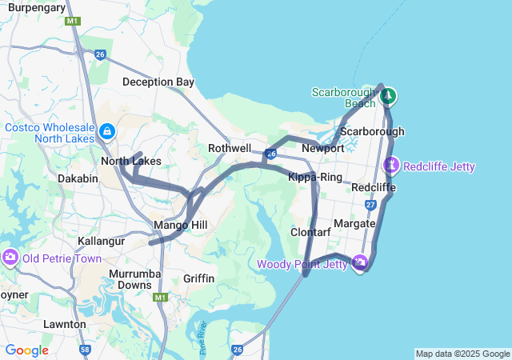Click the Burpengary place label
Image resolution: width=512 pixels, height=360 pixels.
[x=36, y=7]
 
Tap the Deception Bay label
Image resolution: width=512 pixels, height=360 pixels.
[x=158, y=82]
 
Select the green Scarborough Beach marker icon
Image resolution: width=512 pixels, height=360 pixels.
[x=389, y=97]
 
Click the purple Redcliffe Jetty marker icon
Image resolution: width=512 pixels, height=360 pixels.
[x=391, y=166]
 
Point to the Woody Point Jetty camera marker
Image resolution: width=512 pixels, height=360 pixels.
[x=359, y=262]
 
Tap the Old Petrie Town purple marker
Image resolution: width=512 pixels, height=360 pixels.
[x=10, y=258]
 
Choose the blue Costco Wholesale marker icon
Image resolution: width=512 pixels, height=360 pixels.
[x=106, y=130]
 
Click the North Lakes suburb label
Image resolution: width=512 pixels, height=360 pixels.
[x=130, y=162]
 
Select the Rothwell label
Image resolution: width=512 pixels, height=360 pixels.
[x=230, y=149]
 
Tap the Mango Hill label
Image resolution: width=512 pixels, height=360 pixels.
[x=181, y=225]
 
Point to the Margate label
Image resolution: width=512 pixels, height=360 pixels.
[x=354, y=222]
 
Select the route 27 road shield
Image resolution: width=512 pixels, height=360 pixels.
[x=370, y=205]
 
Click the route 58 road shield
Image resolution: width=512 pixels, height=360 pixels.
[x=86, y=350]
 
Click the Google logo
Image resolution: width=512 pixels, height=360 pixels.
[x=26, y=350]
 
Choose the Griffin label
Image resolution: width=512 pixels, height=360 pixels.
[x=198, y=278]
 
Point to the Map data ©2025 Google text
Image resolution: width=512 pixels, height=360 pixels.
[x=462, y=354]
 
